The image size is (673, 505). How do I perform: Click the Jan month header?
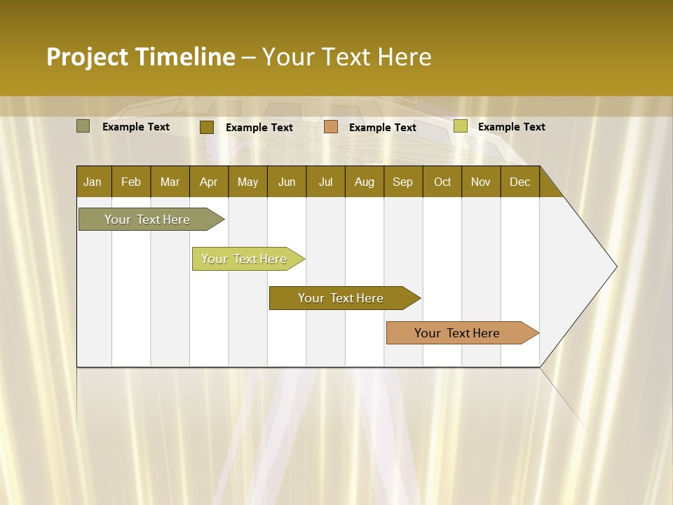(93, 182)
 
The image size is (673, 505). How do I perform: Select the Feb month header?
(131, 182)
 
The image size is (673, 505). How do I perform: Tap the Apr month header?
(208, 182)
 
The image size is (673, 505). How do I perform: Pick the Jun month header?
(286, 182)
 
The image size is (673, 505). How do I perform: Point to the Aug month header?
(364, 182)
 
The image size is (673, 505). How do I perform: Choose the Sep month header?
(402, 182)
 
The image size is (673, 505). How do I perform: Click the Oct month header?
(442, 182)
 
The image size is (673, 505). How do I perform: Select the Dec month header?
(519, 182)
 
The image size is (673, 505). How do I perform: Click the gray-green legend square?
(83, 126)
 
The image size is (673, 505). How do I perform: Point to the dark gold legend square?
(206, 127)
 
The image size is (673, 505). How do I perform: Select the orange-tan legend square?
(331, 126)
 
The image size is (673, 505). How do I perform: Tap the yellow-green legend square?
(460, 126)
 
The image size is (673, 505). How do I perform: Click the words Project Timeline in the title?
(140, 57)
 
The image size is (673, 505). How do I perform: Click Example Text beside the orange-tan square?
(382, 127)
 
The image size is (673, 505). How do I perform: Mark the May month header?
(247, 182)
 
